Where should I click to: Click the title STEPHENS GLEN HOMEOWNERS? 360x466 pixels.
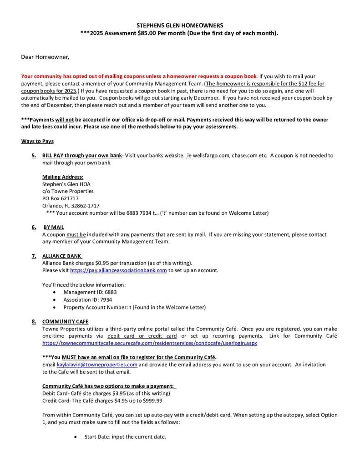point(180,25)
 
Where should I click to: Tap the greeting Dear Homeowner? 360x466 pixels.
point(45,57)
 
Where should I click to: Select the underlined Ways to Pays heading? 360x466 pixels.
point(37,141)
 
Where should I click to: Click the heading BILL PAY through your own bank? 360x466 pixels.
point(82,155)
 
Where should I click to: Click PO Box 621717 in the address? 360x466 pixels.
point(61,198)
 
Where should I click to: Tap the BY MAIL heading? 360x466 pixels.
point(54,227)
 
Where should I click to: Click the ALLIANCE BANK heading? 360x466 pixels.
point(62,256)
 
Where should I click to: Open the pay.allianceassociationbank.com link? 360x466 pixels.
point(118,270)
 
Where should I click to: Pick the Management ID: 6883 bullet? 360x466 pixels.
point(90,292)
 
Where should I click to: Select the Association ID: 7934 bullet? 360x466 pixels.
point(87,300)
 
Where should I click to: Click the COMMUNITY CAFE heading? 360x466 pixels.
point(66,321)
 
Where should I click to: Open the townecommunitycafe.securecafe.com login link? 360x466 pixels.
point(150,343)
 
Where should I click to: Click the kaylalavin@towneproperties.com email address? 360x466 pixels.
point(97,365)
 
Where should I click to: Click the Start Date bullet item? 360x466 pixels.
point(125,437)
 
